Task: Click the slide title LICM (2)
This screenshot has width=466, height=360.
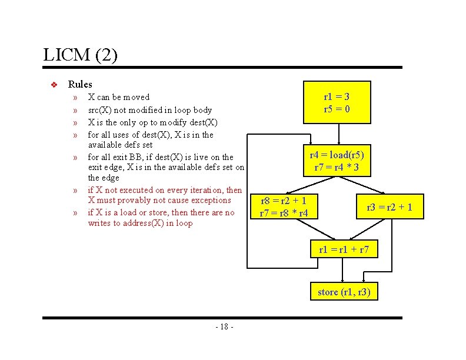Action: coord(81,56)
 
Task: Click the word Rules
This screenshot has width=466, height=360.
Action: coord(80,84)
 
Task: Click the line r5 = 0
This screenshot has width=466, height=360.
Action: coord(337,109)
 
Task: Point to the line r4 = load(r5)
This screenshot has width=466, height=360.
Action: coord(337,155)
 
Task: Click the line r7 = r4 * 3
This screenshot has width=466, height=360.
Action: coord(337,168)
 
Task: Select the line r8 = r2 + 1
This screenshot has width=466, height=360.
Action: coord(284,200)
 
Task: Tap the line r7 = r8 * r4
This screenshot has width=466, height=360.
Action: coord(284,212)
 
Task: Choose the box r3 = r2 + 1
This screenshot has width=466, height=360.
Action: coord(389,206)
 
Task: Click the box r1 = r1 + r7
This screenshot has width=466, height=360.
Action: coord(344,249)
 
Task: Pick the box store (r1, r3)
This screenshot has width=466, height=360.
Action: coord(344,292)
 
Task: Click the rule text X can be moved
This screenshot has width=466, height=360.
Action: coord(119,97)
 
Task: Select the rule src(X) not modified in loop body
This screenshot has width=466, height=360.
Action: coord(149,110)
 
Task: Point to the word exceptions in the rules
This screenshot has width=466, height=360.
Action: coord(209,200)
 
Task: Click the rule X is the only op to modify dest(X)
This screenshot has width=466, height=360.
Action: coord(153,122)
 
